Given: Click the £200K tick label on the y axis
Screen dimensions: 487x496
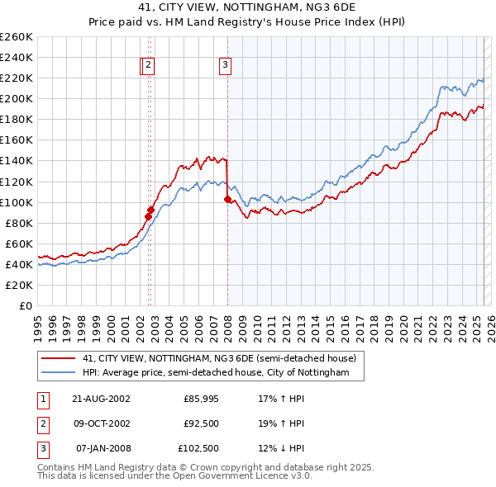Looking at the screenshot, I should tap(17, 98).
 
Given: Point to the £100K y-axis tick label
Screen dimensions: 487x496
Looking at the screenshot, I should tap(17, 202).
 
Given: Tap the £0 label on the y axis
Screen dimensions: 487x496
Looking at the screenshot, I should tap(26, 305).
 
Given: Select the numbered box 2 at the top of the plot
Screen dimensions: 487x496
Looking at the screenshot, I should tap(148, 66).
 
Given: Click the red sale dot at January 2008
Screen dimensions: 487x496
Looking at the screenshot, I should tap(227, 199).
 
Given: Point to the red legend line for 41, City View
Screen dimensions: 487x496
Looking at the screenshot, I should tap(58, 358).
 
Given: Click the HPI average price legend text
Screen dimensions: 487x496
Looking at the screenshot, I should tap(222, 373).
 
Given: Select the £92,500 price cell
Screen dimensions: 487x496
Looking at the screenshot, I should tap(201, 423).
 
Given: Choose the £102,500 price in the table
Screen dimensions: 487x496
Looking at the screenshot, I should tap(199, 448).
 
